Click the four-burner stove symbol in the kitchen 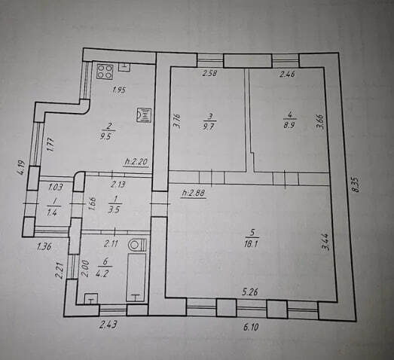105,72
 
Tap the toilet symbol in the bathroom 137,245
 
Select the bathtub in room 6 136,277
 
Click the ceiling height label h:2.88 193,194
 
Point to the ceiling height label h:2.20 137,161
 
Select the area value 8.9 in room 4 289,125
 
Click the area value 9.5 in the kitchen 111,138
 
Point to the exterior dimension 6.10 251,327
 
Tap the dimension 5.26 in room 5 250,291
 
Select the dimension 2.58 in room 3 209,74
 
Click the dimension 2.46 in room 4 288,74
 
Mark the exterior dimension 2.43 108,325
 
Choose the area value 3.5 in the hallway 115,209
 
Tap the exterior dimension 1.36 44,247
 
